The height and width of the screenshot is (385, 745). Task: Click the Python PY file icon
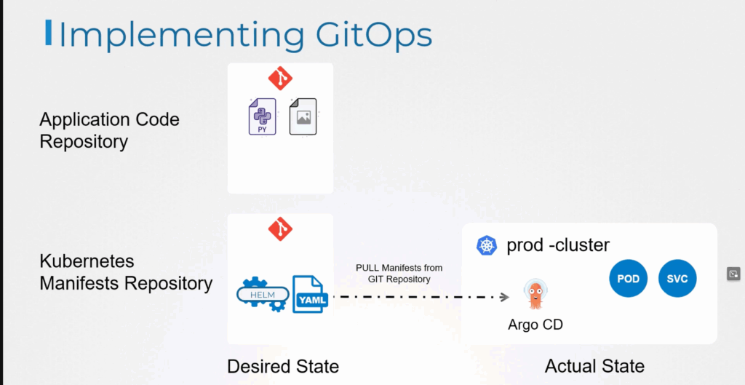pyautogui.click(x=262, y=116)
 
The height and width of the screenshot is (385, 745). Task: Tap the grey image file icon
pyautogui.click(x=303, y=116)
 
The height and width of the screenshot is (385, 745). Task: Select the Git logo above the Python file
pyautogui.click(x=280, y=78)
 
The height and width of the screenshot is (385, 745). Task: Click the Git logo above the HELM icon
pyautogui.click(x=280, y=229)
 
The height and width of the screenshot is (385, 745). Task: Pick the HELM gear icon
pyautogui.click(x=263, y=295)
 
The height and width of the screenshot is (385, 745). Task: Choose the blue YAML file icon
pyautogui.click(x=310, y=294)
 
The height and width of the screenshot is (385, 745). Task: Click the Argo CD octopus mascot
pyautogui.click(x=535, y=295)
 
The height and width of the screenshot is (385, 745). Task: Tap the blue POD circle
pyautogui.click(x=628, y=279)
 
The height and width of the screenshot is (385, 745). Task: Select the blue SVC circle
pyautogui.click(x=677, y=279)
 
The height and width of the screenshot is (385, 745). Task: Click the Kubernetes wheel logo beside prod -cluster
pyautogui.click(x=487, y=245)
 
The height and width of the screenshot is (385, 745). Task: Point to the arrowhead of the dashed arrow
pyautogui.click(x=505, y=297)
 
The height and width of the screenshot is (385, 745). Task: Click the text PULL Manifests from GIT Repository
pyautogui.click(x=399, y=274)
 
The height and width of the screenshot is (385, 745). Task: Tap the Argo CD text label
pyautogui.click(x=535, y=325)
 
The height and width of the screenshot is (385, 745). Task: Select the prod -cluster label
pyautogui.click(x=558, y=245)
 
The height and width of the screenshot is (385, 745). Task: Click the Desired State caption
pyautogui.click(x=283, y=367)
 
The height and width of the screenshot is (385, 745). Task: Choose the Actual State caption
pyautogui.click(x=595, y=367)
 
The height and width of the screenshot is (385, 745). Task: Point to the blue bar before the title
pyautogui.click(x=49, y=33)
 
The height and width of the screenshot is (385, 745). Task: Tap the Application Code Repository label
pyautogui.click(x=109, y=130)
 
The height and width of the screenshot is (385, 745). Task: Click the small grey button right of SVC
pyautogui.click(x=733, y=274)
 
